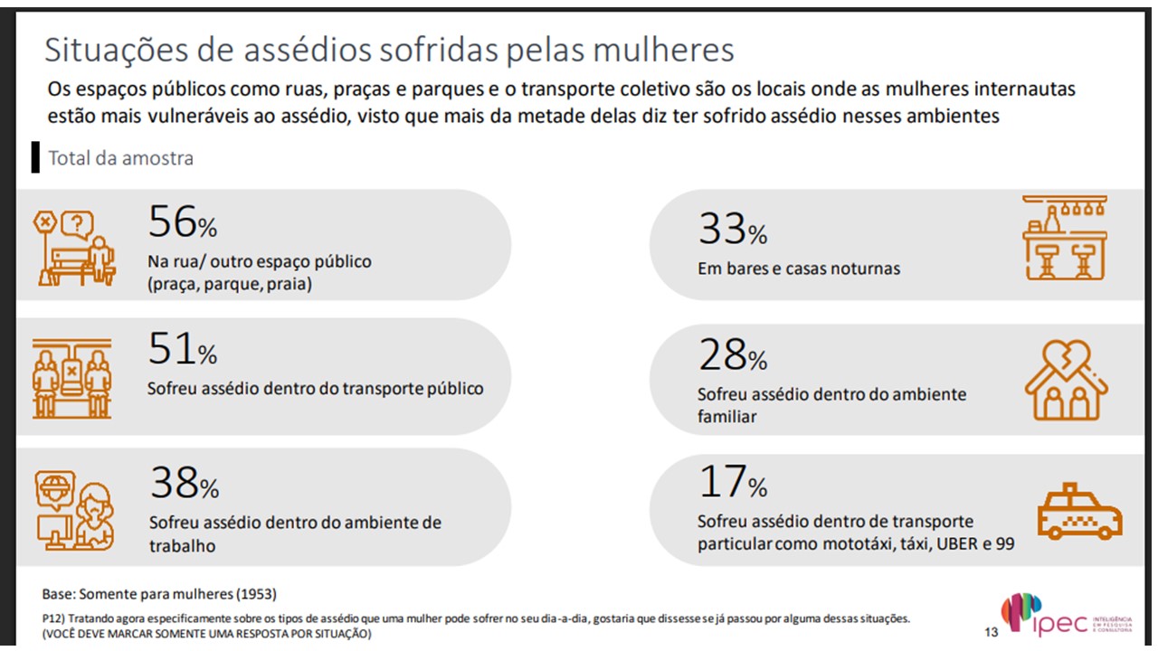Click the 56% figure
click(182, 222)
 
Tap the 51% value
click(182, 349)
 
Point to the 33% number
click(732, 230)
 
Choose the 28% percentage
click(732, 355)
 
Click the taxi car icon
click(1078, 512)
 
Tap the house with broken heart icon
click(1065, 381)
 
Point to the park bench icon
click(75, 247)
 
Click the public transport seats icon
click(72, 379)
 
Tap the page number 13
click(992, 631)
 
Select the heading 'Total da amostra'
click(120, 158)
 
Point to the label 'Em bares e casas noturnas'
click(799, 269)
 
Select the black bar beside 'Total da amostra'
click(35, 156)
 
